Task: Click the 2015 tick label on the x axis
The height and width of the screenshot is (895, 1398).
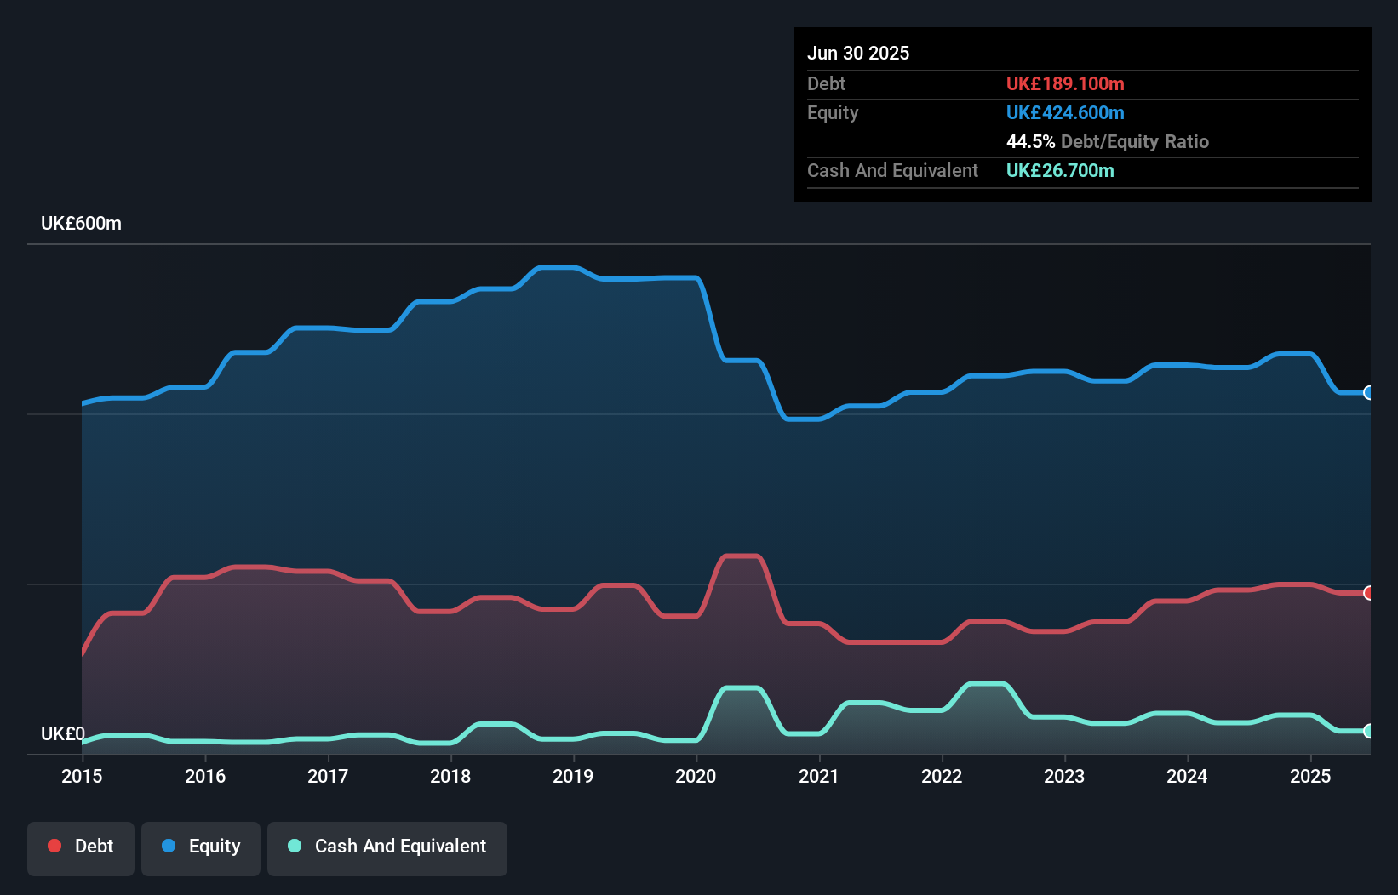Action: coord(82,776)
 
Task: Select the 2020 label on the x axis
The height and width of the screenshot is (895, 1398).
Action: coord(696,776)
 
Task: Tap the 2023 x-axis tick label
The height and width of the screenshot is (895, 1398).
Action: coord(1064,776)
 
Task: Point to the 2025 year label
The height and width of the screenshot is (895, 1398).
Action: coord(1310,776)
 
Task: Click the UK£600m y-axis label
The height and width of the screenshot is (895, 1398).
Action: coord(81,224)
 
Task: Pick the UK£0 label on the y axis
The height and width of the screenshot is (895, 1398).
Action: coord(62,733)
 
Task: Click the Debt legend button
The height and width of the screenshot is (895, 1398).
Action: coord(81,847)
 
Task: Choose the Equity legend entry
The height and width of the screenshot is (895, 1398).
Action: coord(201,847)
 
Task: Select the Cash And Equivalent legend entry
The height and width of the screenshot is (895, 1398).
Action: coord(387,847)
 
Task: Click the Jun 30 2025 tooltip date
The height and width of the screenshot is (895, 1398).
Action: coord(858,53)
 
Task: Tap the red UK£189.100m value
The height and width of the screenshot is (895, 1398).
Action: coord(1065,83)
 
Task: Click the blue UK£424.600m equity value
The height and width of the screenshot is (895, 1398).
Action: coord(1065,112)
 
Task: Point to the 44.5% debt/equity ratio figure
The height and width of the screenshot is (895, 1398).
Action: coord(1030,141)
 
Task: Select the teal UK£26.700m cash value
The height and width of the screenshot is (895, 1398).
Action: coord(1060,170)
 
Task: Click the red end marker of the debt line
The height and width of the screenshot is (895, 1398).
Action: coord(1368,593)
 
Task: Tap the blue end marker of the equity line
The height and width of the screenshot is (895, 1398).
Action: coord(1368,392)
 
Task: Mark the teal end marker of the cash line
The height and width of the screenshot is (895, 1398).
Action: coord(1368,731)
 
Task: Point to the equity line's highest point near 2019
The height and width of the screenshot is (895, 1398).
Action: coord(558,268)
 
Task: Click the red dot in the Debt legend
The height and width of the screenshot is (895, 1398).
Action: coord(54,846)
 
